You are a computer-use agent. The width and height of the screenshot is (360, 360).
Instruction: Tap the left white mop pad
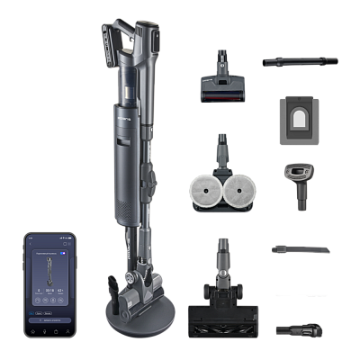(204, 190)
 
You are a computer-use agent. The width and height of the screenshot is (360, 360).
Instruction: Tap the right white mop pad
(240, 190)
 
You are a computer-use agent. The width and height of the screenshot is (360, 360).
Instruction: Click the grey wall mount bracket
(297, 119)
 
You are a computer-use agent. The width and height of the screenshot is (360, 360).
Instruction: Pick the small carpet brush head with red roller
(222, 86)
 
